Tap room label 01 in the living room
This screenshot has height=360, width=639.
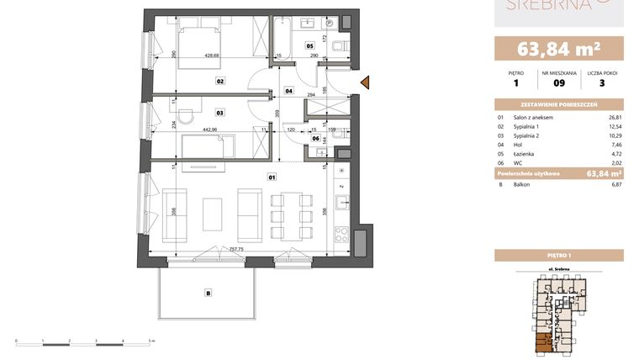pyautogui.click(x=272, y=177)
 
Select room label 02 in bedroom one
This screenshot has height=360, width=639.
pyautogui.click(x=219, y=82)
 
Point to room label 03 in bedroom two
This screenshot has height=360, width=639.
pyautogui.click(x=219, y=111)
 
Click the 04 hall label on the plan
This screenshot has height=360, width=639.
pyautogui.click(x=288, y=89)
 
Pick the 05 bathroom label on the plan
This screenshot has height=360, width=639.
pyautogui.click(x=309, y=45)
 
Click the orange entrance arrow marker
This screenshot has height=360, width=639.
pyautogui.click(x=365, y=82)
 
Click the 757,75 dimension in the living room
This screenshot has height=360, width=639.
pyautogui.click(x=235, y=249)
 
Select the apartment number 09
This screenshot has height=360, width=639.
pyautogui.click(x=559, y=83)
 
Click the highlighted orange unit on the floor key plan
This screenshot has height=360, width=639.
pyautogui.click(x=543, y=341)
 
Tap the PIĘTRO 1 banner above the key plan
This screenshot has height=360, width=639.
pyautogui.click(x=559, y=255)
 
